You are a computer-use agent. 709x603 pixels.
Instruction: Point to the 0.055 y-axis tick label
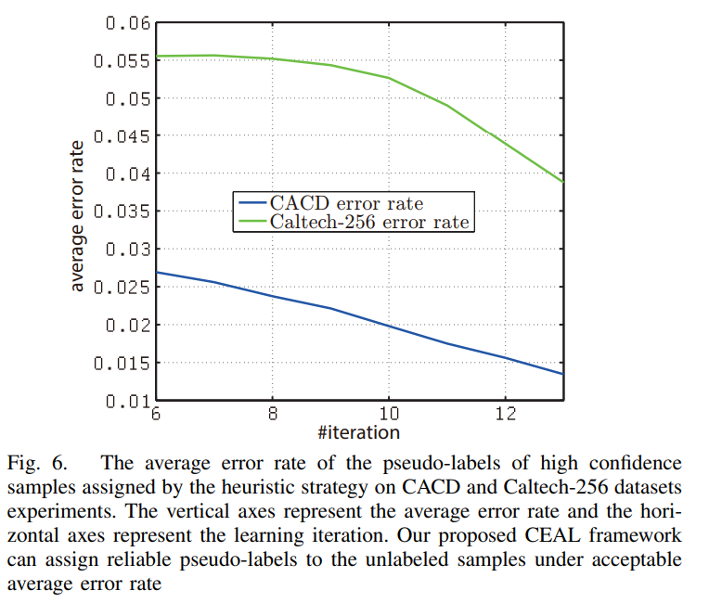tap(124, 60)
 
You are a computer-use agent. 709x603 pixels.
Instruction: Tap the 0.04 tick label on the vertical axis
tap(128, 173)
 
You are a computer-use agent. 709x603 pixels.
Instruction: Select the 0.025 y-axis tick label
tap(124, 288)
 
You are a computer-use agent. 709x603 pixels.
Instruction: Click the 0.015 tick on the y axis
tap(124, 363)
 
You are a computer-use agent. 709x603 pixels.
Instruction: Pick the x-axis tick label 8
tap(273, 415)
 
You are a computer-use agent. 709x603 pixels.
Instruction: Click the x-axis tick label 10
tap(390, 415)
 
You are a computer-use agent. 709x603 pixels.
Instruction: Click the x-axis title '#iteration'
tap(358, 432)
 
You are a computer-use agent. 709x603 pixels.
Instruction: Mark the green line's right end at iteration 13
tap(563, 182)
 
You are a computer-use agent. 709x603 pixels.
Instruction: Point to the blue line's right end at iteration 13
tap(563, 374)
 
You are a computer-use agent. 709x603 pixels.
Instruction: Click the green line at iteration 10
tap(390, 78)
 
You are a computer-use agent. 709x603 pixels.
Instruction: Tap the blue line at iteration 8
tap(273, 296)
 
